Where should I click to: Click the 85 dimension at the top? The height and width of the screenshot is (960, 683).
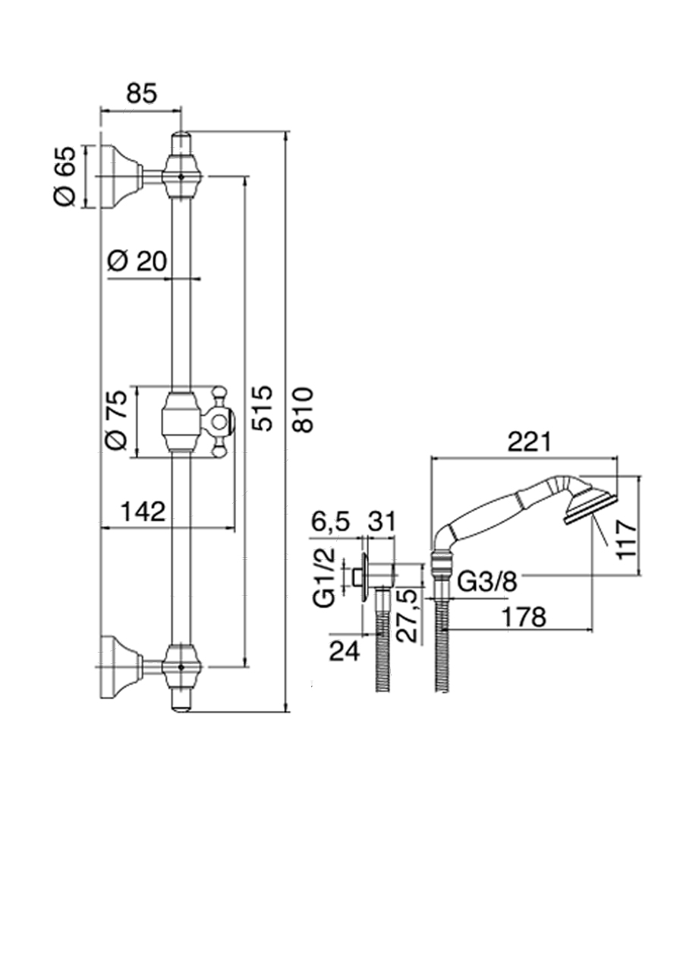pyautogui.click(x=141, y=93)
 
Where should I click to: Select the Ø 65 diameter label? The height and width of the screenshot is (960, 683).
pyautogui.click(x=66, y=175)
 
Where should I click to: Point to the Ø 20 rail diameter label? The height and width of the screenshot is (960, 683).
pyautogui.click(x=137, y=261)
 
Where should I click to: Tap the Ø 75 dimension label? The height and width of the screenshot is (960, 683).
pyautogui.click(x=115, y=422)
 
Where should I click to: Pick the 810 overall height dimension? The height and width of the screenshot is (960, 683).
pyautogui.click(x=303, y=409)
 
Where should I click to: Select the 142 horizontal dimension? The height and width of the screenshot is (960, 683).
pyautogui.click(x=143, y=511)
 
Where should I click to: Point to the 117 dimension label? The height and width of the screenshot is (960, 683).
pyautogui.click(x=625, y=538)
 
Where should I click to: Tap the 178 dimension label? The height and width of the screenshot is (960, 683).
pyautogui.click(x=524, y=616)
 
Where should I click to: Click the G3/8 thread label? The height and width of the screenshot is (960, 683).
pyautogui.click(x=488, y=582)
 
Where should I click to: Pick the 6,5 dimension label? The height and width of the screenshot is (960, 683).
pyautogui.click(x=330, y=522)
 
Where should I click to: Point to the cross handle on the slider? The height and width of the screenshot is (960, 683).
pyautogui.click(x=219, y=422)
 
